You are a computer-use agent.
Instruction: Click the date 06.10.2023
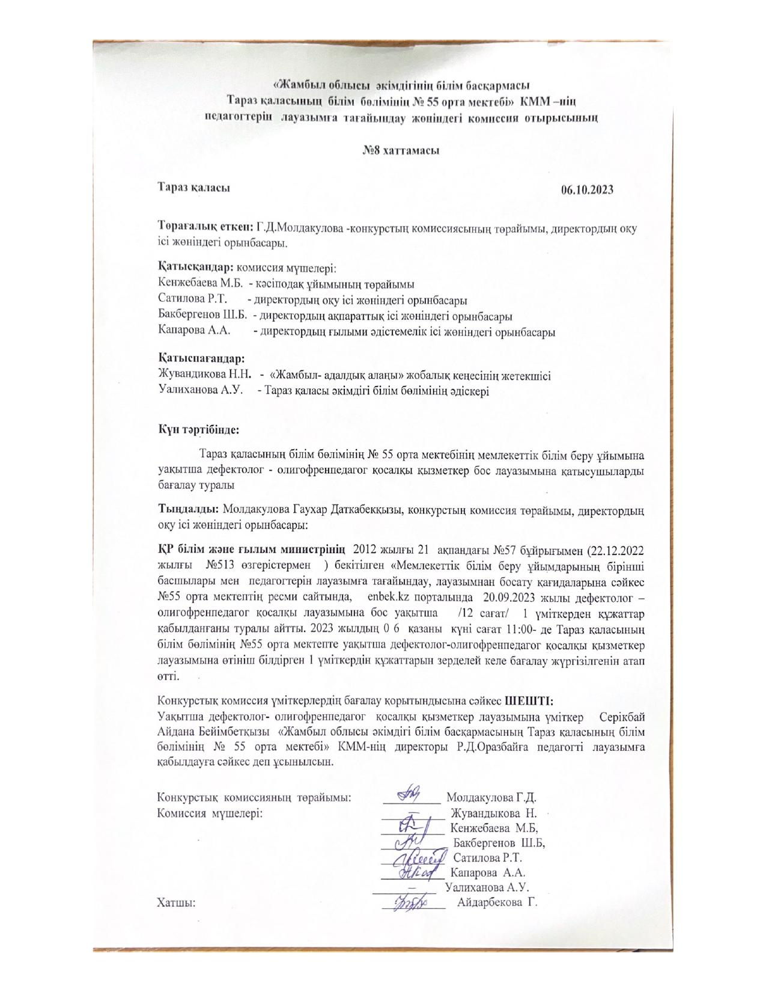coord(587,190)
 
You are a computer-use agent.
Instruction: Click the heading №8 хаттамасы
coord(400,150)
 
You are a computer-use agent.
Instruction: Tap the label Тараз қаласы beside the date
coord(194,188)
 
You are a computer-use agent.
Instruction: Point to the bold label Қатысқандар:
coord(196,266)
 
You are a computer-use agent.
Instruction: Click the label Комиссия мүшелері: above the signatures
coord(210,813)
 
